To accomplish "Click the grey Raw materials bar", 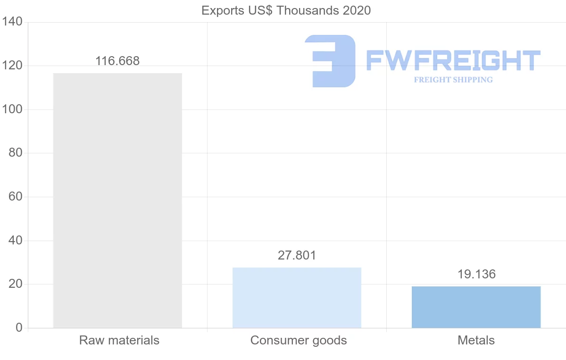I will tap(117, 201).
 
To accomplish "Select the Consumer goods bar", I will tap(297, 298).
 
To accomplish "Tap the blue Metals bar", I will tap(476, 307).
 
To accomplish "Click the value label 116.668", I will tap(117, 61).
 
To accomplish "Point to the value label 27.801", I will tap(297, 255).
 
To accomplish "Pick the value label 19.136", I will tap(476, 274).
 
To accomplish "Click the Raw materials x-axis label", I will tap(119, 340).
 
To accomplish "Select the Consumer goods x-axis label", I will tap(299, 340).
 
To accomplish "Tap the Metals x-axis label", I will tap(476, 340).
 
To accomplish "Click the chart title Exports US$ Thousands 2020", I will tap(286, 10).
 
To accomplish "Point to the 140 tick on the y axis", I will tap(13, 22).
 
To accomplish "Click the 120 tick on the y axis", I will tap(13, 66).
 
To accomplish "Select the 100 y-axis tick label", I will tap(13, 109).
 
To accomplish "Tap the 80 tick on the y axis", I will tap(16, 153).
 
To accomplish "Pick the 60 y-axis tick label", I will tap(16, 197).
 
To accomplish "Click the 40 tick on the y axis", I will tap(16, 241).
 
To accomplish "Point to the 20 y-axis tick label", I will tap(16, 284).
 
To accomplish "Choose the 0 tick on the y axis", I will tap(19, 328).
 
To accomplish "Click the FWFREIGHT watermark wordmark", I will tap(453, 60).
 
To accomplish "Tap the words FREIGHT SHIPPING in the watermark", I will tap(453, 80).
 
